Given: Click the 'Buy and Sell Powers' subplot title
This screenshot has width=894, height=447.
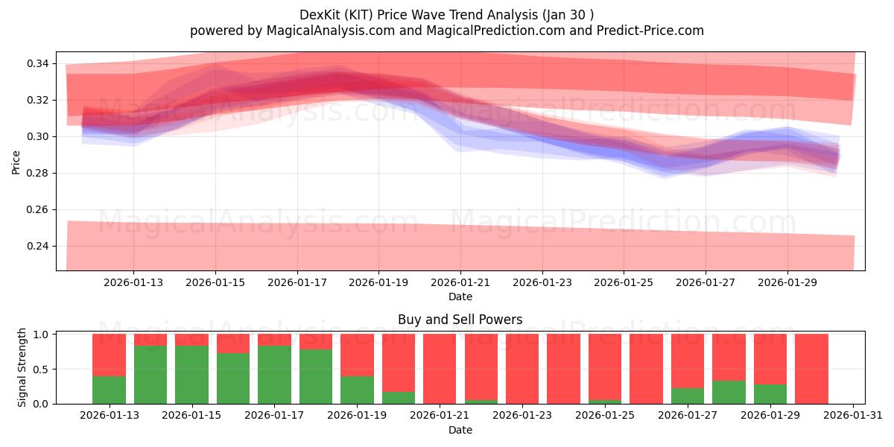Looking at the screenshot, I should (x=460, y=320).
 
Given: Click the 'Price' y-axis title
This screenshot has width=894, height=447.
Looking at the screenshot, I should (x=16, y=162).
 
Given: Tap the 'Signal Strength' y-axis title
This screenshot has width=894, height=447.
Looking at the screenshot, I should (x=22, y=367).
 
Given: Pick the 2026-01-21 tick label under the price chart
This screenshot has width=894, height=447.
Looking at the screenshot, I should (x=460, y=283).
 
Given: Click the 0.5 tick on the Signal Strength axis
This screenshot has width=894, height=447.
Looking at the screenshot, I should (x=42, y=370).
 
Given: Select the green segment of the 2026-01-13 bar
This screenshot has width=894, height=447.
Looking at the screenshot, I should (x=109, y=390).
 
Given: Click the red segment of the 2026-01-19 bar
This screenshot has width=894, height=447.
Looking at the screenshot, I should (x=357, y=355).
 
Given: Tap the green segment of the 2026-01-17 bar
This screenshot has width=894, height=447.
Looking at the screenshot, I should (x=274, y=375).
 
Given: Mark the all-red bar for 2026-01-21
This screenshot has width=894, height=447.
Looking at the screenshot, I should (x=440, y=369).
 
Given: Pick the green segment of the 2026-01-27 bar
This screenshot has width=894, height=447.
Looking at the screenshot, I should (x=687, y=396).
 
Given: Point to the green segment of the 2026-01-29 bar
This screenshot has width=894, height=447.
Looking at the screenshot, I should (x=770, y=394).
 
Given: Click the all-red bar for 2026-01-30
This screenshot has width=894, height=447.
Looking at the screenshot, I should (x=811, y=369).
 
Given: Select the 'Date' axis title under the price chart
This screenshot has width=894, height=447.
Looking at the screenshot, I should (x=460, y=297).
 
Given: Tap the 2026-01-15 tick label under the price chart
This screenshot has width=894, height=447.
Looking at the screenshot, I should (x=215, y=283).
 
